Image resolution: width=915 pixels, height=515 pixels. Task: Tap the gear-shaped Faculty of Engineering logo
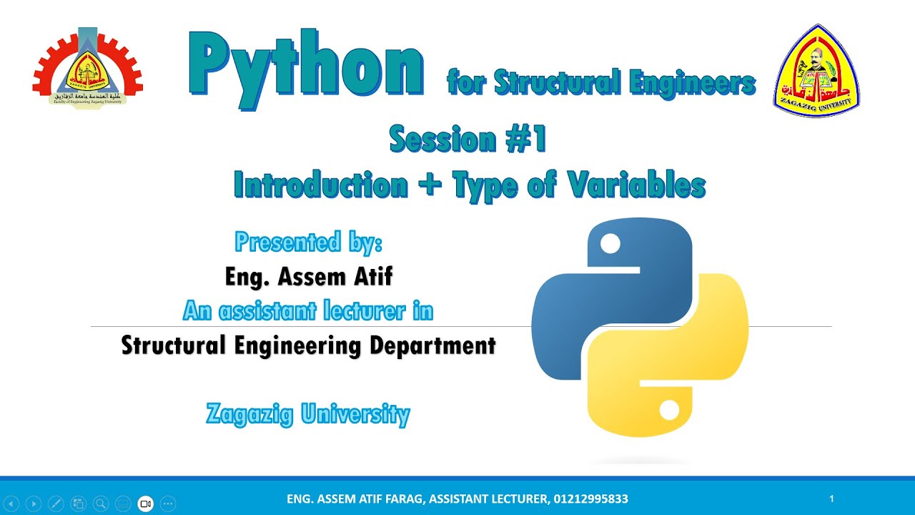click(87, 68)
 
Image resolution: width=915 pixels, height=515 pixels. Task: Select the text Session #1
click(468, 139)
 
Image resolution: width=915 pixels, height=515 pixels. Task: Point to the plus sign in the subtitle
click(430, 186)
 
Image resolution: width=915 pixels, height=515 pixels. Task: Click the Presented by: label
click(309, 242)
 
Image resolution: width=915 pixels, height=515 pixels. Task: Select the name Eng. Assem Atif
click(309, 276)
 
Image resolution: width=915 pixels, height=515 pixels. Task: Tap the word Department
click(432, 345)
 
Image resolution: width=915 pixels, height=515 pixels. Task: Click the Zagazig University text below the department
click(308, 413)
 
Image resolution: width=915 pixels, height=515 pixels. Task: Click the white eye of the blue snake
click(610, 245)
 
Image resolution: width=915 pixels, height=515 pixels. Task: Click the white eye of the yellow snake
click(669, 411)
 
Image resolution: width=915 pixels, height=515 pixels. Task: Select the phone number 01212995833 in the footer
click(590, 499)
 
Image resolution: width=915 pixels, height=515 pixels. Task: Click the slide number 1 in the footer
click(832, 499)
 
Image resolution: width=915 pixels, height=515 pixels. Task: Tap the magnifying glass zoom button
click(101, 504)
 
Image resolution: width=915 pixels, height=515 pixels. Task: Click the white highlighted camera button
click(146, 504)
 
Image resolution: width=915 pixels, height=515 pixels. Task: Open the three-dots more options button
click(168, 504)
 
